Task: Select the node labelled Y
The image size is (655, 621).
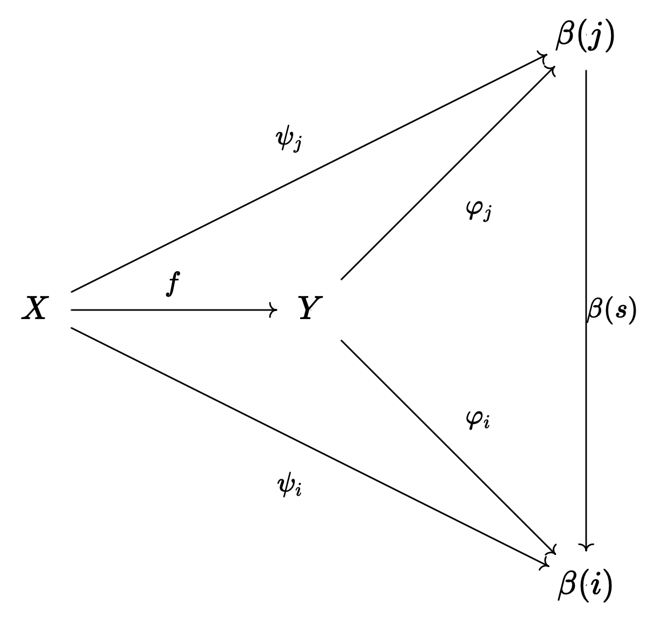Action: (310, 309)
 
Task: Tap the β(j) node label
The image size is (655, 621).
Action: (585, 38)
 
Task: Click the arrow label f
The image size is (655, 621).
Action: (172, 284)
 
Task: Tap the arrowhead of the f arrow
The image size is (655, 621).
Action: (274, 310)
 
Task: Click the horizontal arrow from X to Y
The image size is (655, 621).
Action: (172, 310)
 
